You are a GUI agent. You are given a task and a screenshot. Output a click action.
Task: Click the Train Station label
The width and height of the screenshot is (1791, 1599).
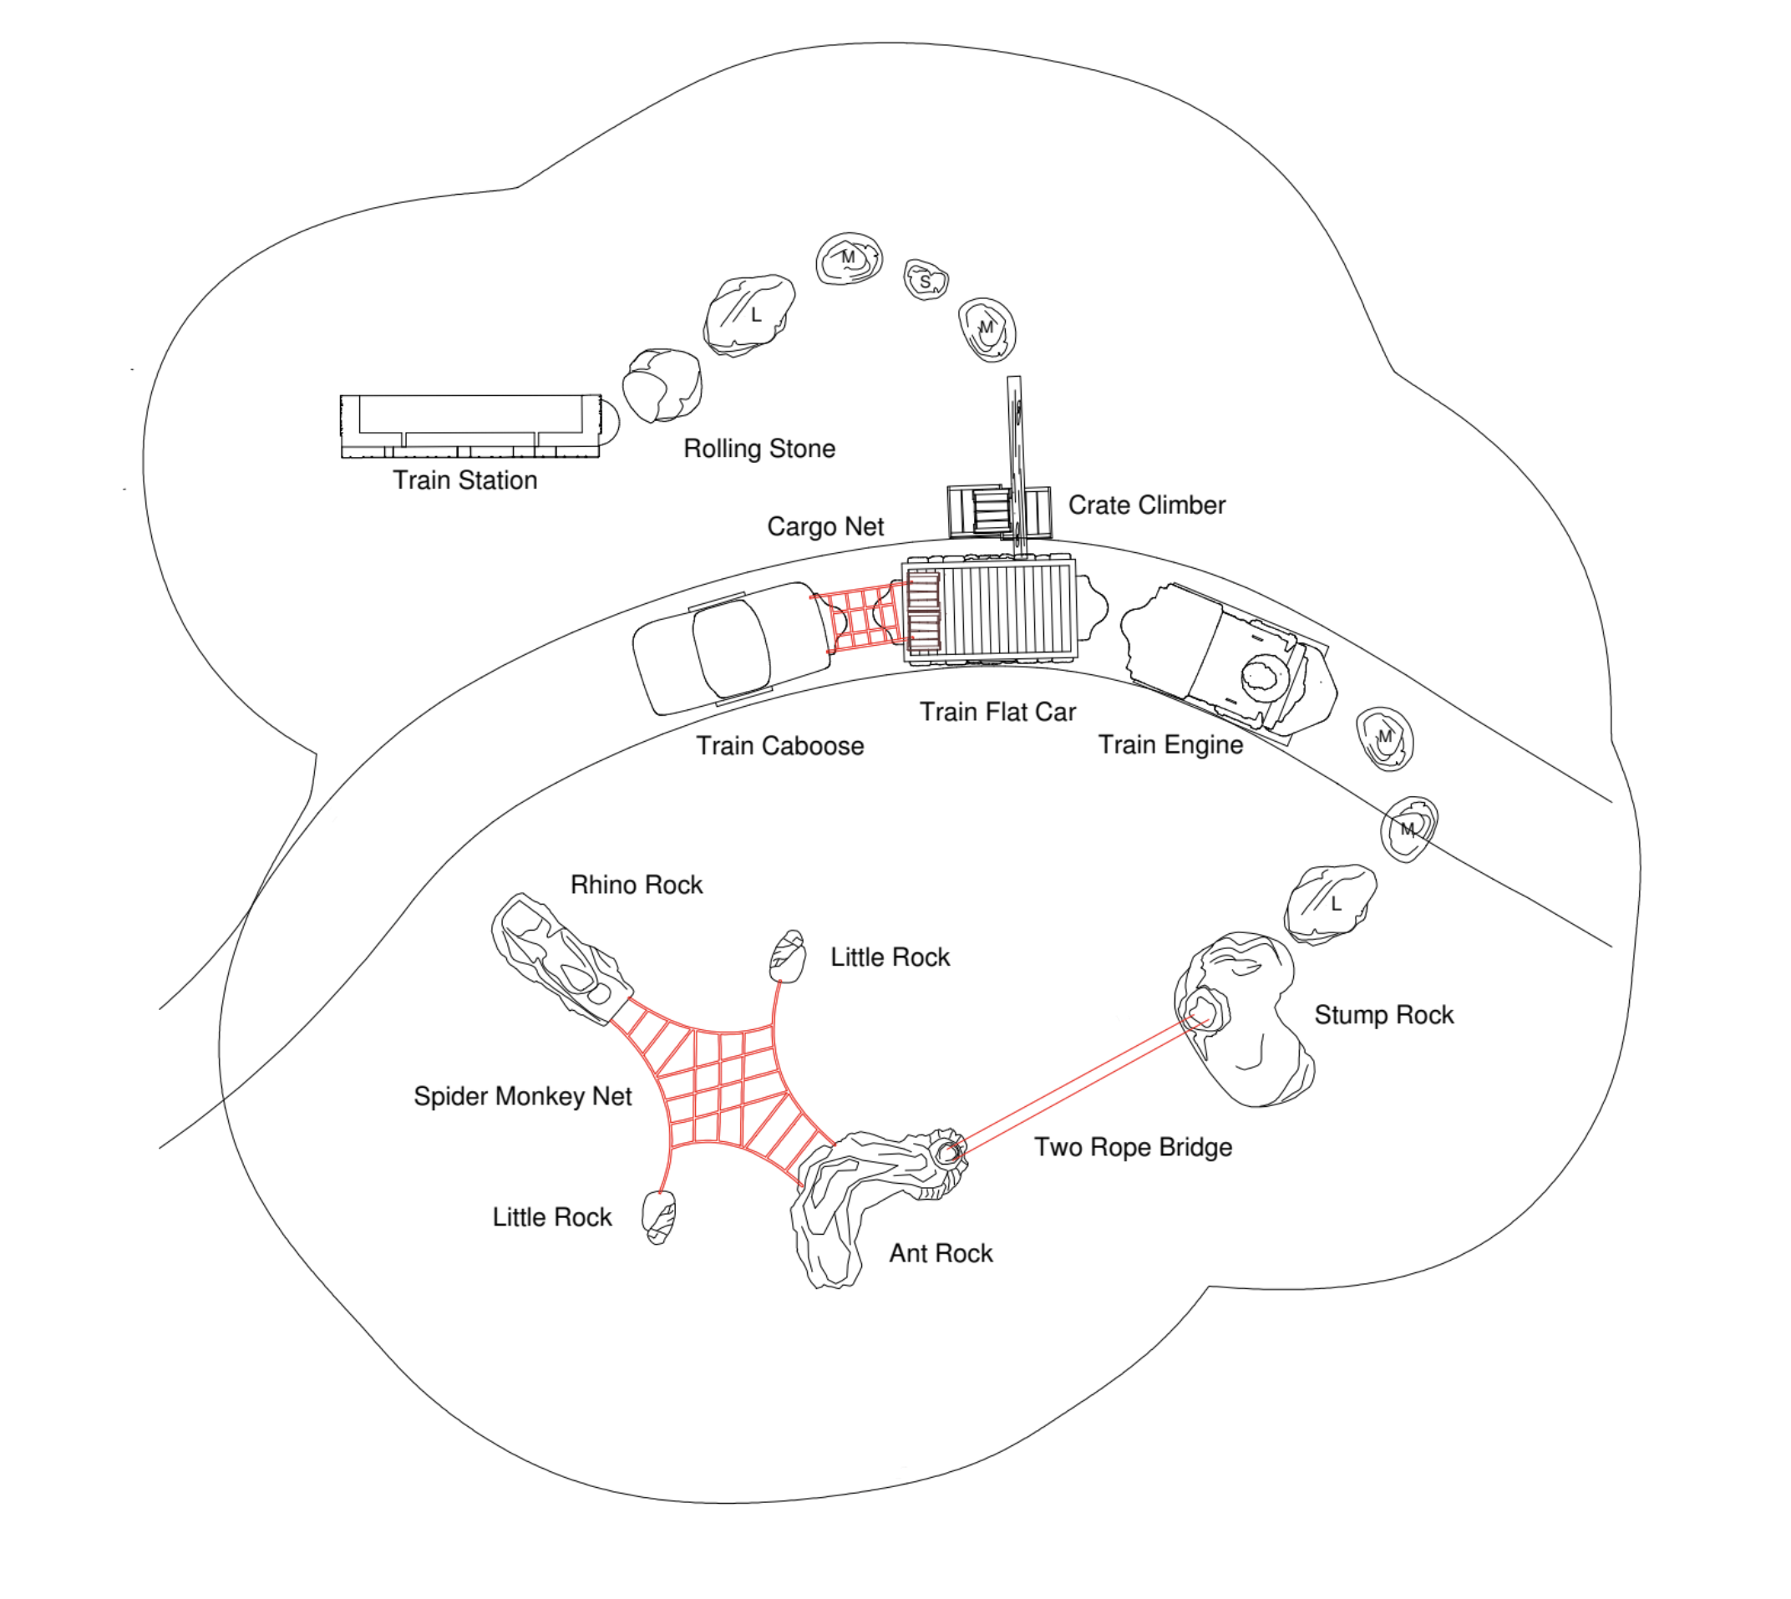pos(464,480)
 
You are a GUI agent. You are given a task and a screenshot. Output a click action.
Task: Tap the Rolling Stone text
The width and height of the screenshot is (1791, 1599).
pos(759,449)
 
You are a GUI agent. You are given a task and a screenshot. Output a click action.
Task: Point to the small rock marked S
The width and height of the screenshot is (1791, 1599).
pos(926,280)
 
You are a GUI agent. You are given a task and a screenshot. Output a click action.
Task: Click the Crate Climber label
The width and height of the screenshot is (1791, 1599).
pos(1146,505)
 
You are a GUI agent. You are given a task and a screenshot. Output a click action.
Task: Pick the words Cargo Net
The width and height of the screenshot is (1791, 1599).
pos(824,526)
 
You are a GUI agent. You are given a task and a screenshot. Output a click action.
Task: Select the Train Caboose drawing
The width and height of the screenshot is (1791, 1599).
pos(731,647)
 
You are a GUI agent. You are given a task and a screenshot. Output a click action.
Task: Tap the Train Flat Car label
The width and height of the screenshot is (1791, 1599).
pos(997,712)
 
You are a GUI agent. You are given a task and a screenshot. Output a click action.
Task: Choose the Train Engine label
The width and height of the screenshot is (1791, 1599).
pos(1171,745)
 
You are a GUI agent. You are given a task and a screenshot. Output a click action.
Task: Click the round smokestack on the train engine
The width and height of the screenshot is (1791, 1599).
pos(1263,676)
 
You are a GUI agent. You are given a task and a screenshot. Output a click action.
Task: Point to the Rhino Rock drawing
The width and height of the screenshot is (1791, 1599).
pos(561,958)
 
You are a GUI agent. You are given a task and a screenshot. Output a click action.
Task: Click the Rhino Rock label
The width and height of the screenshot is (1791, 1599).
pos(636,885)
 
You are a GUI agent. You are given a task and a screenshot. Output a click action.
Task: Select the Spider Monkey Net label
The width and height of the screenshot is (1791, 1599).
pos(523,1096)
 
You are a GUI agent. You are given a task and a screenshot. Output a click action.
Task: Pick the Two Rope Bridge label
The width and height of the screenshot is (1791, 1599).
pos(1133,1147)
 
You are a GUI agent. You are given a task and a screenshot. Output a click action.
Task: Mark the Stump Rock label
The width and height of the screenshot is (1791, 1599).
pos(1383,1016)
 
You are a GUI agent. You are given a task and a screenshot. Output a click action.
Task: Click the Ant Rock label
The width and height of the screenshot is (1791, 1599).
pos(941,1254)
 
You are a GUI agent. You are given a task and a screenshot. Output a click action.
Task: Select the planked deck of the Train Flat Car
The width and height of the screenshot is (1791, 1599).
pos(1007,611)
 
